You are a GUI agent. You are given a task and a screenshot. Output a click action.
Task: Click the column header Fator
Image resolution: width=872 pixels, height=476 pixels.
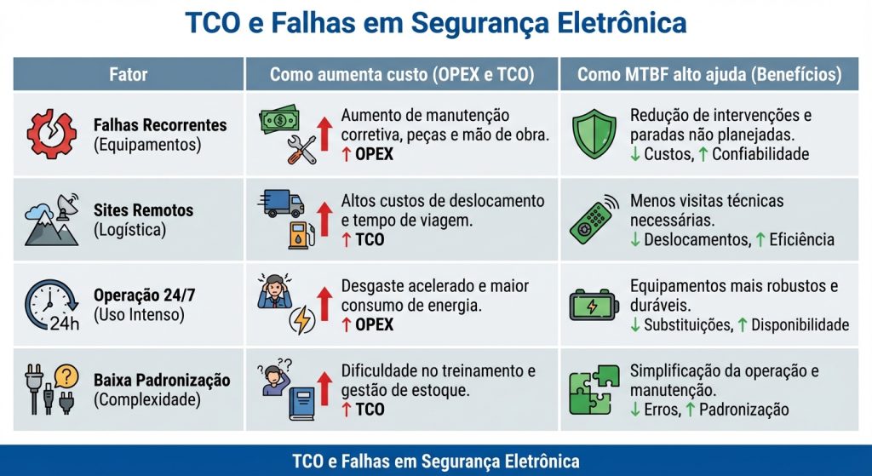click(x=129, y=74)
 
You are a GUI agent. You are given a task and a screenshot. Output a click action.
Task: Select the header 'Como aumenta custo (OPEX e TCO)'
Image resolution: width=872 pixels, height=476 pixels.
click(x=402, y=74)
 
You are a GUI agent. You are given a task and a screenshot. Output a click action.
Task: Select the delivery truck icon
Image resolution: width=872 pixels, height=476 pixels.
click(x=280, y=204)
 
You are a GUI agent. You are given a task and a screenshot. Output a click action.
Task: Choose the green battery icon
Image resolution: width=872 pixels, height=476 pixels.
click(x=594, y=305)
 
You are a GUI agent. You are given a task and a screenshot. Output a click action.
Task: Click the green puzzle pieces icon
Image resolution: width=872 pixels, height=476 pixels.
click(x=594, y=389)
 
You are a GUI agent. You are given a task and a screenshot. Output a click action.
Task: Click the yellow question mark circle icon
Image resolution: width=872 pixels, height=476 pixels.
click(x=66, y=376)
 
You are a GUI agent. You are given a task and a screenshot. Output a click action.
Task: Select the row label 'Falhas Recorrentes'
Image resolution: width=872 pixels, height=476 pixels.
click(x=160, y=125)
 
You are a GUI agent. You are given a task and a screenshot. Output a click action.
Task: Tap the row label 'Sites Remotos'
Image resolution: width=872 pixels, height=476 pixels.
click(x=143, y=210)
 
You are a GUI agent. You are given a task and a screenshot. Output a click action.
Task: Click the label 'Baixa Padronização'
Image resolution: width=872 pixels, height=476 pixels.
click(x=162, y=380)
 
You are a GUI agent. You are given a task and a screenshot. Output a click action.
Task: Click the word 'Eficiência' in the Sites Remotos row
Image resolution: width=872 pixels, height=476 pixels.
click(x=801, y=239)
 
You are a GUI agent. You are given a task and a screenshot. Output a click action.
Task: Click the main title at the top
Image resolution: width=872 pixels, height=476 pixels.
click(x=435, y=23)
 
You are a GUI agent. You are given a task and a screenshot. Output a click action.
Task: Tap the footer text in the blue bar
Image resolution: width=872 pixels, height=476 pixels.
click(x=435, y=462)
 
